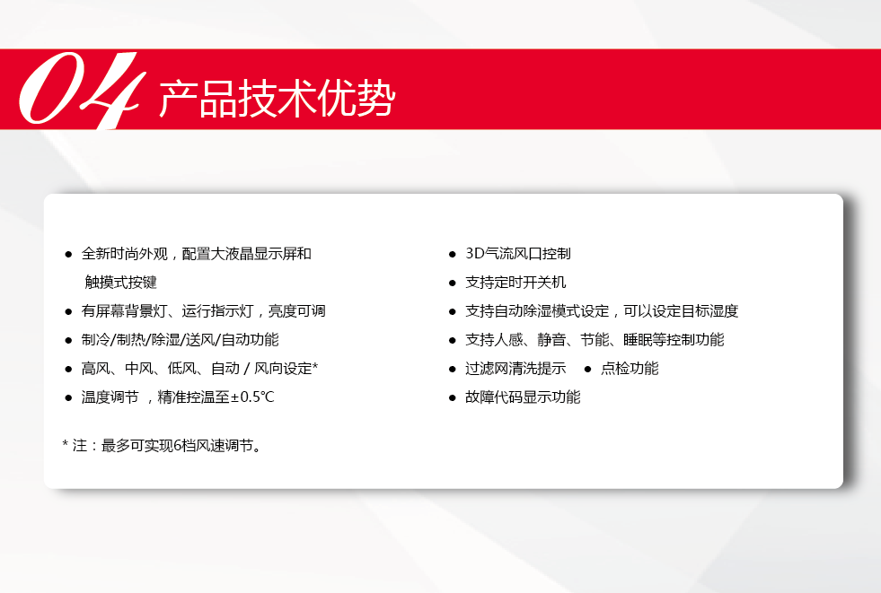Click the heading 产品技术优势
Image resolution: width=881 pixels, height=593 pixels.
(x=278, y=99)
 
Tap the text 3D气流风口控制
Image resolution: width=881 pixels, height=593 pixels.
(x=518, y=254)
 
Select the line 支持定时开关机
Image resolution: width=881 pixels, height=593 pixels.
(x=515, y=283)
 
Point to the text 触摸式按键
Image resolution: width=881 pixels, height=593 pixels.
(x=121, y=283)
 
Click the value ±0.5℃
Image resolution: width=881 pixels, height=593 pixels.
(x=252, y=397)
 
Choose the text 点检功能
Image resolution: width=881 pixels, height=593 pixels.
(x=630, y=369)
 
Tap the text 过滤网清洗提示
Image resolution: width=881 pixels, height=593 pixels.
(x=515, y=369)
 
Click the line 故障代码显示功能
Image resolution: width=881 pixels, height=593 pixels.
(x=523, y=397)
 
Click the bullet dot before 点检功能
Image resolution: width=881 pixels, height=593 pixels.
(x=587, y=369)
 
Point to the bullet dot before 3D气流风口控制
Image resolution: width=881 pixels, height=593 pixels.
(x=453, y=255)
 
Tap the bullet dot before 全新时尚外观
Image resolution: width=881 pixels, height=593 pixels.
(x=68, y=255)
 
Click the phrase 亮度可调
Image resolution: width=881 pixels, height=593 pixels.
(x=297, y=310)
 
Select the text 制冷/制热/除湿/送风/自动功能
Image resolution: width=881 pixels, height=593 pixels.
(x=180, y=340)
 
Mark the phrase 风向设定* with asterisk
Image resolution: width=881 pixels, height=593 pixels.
(x=286, y=369)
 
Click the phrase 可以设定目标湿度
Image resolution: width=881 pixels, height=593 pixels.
(x=681, y=310)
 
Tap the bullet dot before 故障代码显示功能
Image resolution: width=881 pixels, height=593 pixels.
(x=453, y=398)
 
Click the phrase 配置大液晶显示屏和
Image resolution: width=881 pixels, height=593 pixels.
(x=247, y=254)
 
